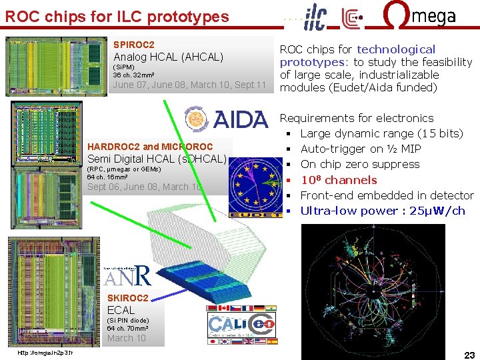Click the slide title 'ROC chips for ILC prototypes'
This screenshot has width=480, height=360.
pyautogui.click(x=117, y=17)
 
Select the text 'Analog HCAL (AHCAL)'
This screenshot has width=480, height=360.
pyautogui.click(x=169, y=57)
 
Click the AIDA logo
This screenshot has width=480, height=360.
pyautogui.click(x=225, y=119)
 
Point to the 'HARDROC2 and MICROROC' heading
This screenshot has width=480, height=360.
pyautogui.click(x=150, y=147)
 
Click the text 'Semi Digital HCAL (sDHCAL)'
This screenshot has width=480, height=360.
pyautogui.click(x=157, y=159)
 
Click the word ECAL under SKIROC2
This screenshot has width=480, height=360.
pyautogui.click(x=121, y=310)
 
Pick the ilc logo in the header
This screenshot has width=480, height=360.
pyautogui.click(x=315, y=17)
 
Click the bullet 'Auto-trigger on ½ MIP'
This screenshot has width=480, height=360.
pyautogui.click(x=353, y=149)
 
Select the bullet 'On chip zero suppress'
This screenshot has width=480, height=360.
pyautogui.click(x=360, y=164)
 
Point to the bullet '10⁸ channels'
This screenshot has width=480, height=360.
pyautogui.click(x=339, y=180)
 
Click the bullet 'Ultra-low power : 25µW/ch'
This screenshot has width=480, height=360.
pyautogui.click(x=383, y=211)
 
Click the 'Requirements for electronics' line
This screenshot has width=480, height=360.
pyautogui.click(x=356, y=118)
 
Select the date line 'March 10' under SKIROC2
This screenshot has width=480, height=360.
pyautogui.click(x=127, y=338)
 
